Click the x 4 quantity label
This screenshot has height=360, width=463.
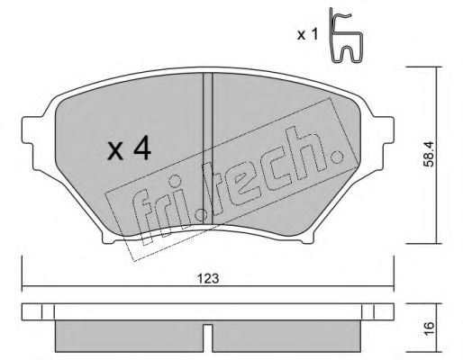(x=128, y=148)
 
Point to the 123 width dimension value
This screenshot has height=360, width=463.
(x=209, y=278)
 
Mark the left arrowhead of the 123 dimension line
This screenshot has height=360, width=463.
(x=24, y=287)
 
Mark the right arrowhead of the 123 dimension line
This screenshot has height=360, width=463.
(x=393, y=287)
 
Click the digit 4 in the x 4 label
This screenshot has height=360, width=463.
(x=142, y=148)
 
